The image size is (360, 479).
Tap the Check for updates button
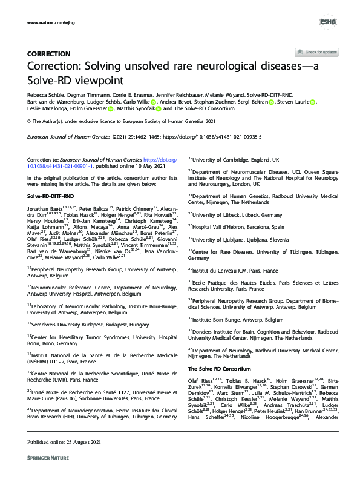pos(316,53)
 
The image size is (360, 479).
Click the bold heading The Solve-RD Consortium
pos(217,369)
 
